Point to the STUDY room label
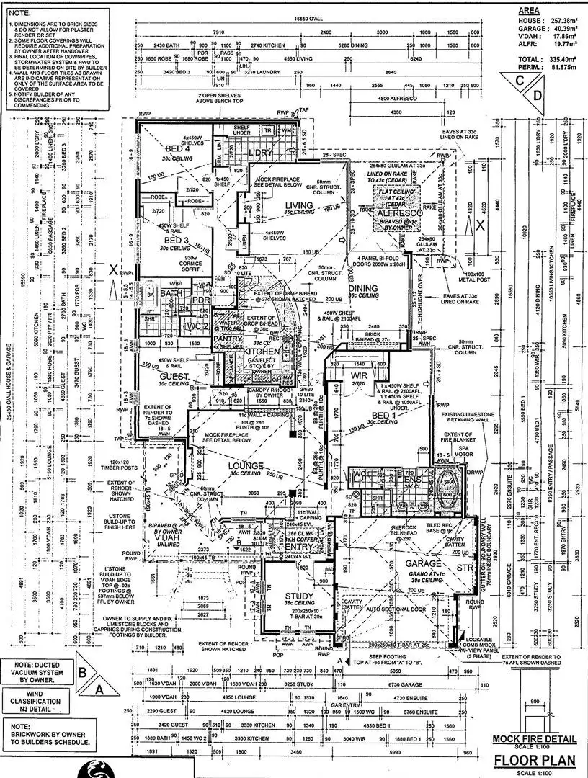click(299, 596)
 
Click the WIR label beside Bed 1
click(360, 375)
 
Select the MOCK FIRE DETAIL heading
click(534, 738)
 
